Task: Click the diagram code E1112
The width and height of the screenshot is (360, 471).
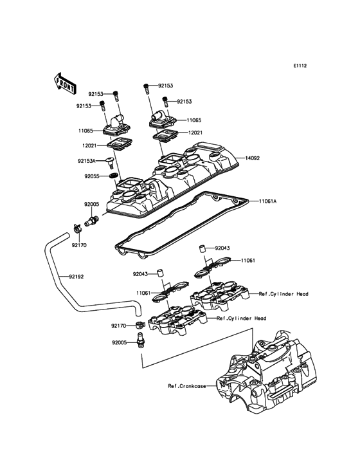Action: click(300, 66)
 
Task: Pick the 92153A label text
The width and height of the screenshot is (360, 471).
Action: click(87, 160)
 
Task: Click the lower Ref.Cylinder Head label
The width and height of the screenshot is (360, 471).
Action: click(242, 318)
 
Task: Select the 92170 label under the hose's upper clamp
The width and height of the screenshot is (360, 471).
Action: click(78, 245)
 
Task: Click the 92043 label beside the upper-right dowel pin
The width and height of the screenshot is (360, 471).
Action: click(222, 247)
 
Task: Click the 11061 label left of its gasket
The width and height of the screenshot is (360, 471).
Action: click(143, 292)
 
